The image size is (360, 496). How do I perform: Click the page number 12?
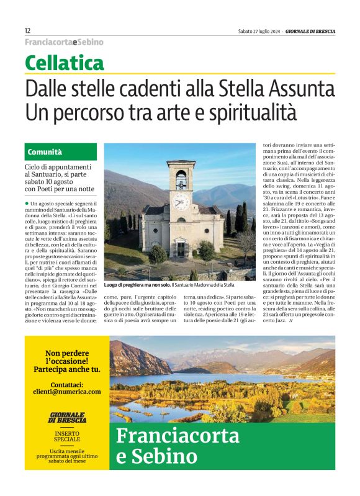pyautogui.click(x=27, y=30)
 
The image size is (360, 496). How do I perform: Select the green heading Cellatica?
pyautogui.click(x=64, y=63)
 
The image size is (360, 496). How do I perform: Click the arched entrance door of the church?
pyautogui.click(x=180, y=249)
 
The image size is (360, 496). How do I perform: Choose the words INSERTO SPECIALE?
pyautogui.click(x=67, y=435)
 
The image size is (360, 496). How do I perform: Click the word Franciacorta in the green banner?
pyautogui.click(x=178, y=436)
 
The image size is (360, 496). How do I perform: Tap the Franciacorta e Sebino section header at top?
pyautogui.click(x=64, y=42)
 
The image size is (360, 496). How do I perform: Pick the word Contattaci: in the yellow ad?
pyautogui.click(x=66, y=383)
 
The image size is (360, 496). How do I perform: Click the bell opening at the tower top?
pyautogui.click(x=181, y=179)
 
